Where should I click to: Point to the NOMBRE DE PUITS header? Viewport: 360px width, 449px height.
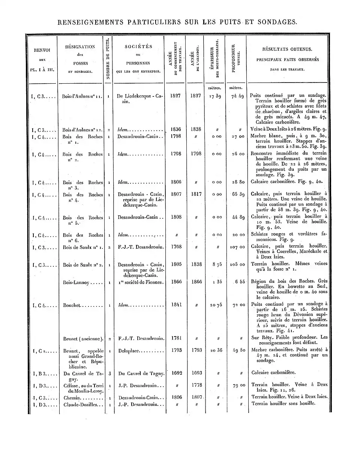[x=108, y=58]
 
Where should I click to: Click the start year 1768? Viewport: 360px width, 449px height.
[x=176, y=247]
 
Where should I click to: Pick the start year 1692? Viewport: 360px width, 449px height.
[x=176, y=373]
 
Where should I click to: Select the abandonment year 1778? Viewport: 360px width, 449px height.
[x=195, y=385]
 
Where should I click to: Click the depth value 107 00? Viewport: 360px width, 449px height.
[x=237, y=247]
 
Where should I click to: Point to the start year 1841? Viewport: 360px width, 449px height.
[x=176, y=305]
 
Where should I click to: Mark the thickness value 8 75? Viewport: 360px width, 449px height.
[x=216, y=264]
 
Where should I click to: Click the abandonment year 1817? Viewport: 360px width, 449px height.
[x=195, y=194]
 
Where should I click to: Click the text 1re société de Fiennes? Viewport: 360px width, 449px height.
[x=140, y=282]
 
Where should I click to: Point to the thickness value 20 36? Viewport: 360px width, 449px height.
[x=216, y=350]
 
